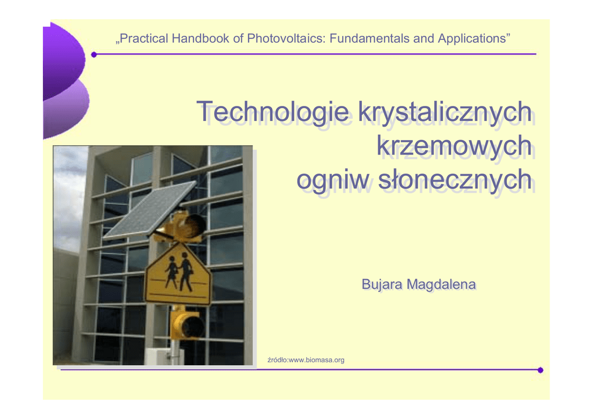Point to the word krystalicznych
pyautogui.click(x=445, y=112)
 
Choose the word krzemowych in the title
pyautogui.click(x=454, y=145)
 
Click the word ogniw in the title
pyautogui.click(x=333, y=180)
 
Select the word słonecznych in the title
pyautogui.click(x=455, y=180)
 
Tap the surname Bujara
pyautogui.click(x=382, y=285)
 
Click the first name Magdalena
pyautogui.click(x=441, y=285)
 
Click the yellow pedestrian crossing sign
pyautogui.click(x=178, y=274)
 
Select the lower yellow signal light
pyautogui.click(x=187, y=324)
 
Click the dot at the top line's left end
pyautogui.click(x=94, y=55)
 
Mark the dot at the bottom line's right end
pyautogui.click(x=540, y=370)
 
